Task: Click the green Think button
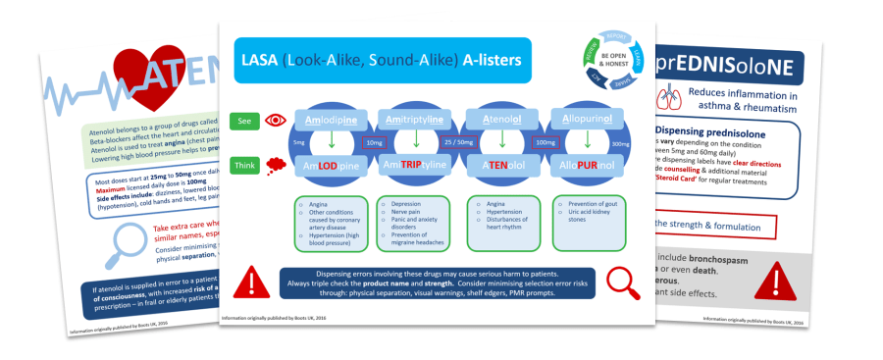tap(245, 167)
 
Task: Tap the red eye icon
tap(276, 121)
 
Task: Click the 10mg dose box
tap(374, 143)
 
